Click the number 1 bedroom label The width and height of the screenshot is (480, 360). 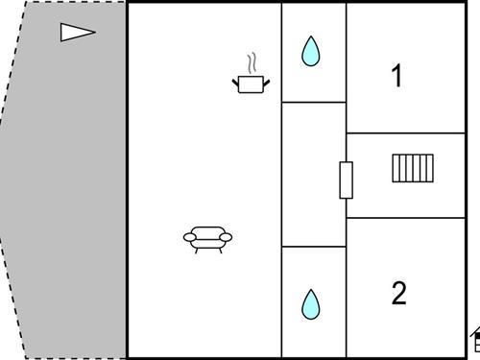point(397,76)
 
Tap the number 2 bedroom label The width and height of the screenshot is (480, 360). point(398,293)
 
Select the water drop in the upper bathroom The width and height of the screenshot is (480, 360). point(310,51)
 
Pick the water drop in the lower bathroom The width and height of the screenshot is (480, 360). point(310,304)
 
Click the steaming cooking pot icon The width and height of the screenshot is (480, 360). point(251,74)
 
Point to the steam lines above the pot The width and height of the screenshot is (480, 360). point(252,63)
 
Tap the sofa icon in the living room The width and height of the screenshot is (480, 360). point(207,240)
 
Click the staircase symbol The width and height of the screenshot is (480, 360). point(413,168)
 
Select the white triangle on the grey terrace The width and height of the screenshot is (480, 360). point(78,33)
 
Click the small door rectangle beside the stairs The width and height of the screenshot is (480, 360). point(347,180)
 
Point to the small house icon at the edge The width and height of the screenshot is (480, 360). point(475,340)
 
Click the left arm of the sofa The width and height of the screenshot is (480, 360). point(190,237)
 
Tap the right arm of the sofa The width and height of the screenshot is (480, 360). point(226,237)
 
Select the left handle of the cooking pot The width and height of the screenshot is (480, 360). point(235,83)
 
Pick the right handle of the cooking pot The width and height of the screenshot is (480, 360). point(266,83)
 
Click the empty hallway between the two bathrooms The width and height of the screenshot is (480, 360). point(314,175)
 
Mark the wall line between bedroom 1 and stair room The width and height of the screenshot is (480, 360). point(406,133)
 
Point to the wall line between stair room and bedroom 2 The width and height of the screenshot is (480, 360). point(406,218)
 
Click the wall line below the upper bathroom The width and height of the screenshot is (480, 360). point(314,103)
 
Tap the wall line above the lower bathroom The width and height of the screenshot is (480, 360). point(314,247)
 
